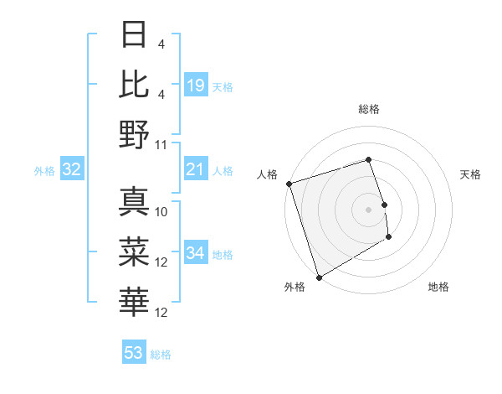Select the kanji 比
click(134, 83)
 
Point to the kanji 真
click(134, 201)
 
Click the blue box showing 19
click(196, 86)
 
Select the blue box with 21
click(196, 170)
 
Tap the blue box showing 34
click(196, 254)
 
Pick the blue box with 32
click(72, 170)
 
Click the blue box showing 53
click(134, 353)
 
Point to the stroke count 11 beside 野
click(162, 144)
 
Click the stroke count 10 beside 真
click(162, 212)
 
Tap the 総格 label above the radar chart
click(369, 109)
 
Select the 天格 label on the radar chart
click(470, 174)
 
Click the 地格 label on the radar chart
click(438, 287)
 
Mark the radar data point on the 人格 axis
click(289, 184)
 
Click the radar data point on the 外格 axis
click(319, 277)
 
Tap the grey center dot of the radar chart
click(369, 209)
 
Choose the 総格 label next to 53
click(161, 354)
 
